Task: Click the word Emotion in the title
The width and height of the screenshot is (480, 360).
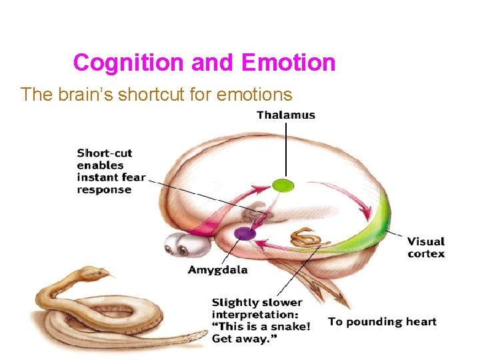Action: pos(288,63)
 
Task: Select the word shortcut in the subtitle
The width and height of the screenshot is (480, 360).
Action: pos(147,95)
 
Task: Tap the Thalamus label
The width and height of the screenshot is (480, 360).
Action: pos(286,115)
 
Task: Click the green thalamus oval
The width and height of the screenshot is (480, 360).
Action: pos(283,185)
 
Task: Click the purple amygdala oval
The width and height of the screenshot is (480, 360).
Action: pos(245,233)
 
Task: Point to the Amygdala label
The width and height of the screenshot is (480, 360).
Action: pos(217,270)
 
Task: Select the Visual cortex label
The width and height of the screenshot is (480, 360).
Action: pos(426,247)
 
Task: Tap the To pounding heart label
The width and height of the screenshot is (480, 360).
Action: pos(382,322)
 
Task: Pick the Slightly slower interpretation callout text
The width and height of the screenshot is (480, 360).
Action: pos(261,321)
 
